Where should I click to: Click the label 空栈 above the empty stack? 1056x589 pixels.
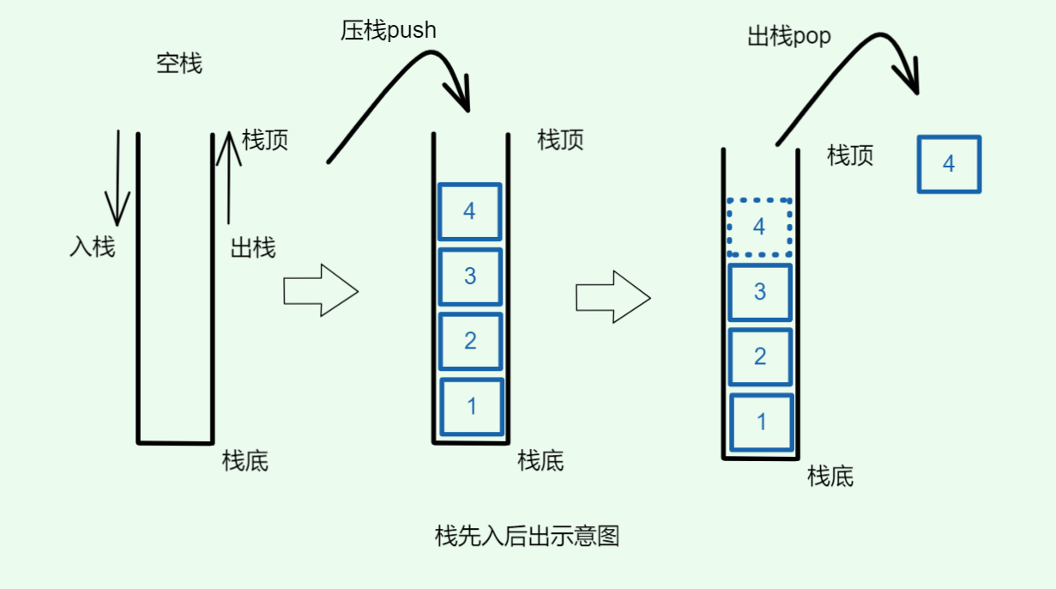pyautogui.click(x=179, y=64)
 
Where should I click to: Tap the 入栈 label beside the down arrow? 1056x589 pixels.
pyautogui.click(x=92, y=247)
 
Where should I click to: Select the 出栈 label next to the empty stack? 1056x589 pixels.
pyautogui.click(x=253, y=249)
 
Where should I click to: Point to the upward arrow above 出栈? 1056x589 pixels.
pyautogui.click(x=228, y=176)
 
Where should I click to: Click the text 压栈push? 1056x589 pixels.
pyautogui.click(x=389, y=31)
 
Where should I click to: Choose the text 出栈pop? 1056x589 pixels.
pyautogui.click(x=789, y=37)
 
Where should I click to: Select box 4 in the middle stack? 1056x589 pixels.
pyautogui.click(x=469, y=211)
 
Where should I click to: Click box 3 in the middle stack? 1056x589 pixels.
pyautogui.click(x=469, y=276)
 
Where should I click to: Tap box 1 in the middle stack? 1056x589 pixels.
pyautogui.click(x=471, y=406)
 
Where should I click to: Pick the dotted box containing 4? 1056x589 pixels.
pyautogui.click(x=758, y=227)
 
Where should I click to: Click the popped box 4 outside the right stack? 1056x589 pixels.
pyautogui.click(x=948, y=164)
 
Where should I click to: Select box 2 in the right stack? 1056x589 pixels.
pyautogui.click(x=759, y=356)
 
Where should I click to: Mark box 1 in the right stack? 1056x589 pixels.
pyautogui.click(x=761, y=422)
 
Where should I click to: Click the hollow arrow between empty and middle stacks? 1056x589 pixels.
pyautogui.click(x=320, y=291)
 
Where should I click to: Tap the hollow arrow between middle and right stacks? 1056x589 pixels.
pyautogui.click(x=612, y=297)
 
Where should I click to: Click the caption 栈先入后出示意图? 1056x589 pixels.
pyautogui.click(x=527, y=537)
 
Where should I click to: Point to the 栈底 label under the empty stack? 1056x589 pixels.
pyautogui.click(x=245, y=461)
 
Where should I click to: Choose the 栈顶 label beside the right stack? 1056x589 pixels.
pyautogui.click(x=850, y=155)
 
